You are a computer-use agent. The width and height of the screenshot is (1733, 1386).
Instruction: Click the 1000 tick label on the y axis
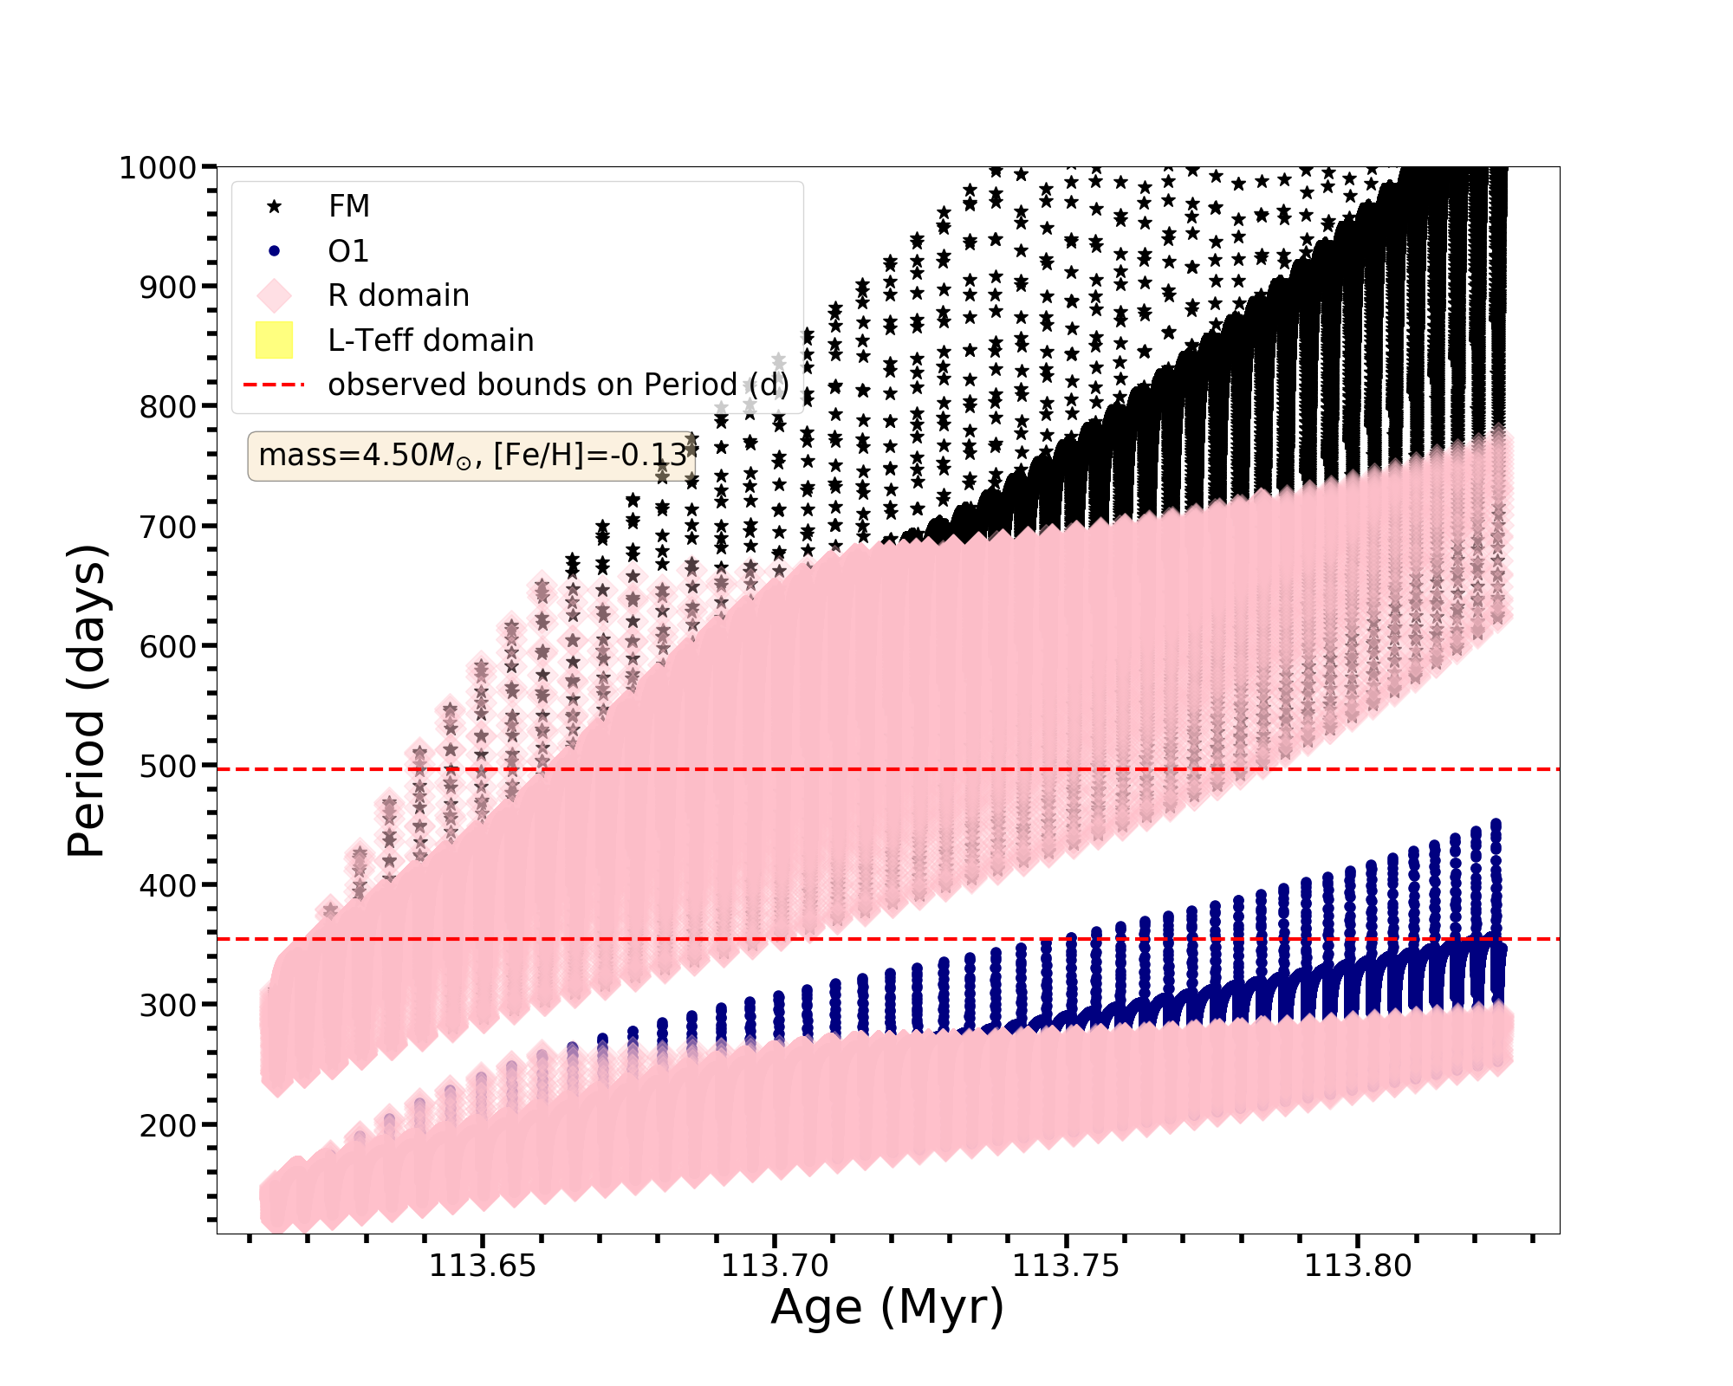point(157,167)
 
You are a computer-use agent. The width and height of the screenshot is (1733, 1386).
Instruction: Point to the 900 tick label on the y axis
point(167,287)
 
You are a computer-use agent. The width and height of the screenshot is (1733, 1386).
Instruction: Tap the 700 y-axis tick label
point(167,526)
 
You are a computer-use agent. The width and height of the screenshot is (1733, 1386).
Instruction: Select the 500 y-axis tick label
point(167,766)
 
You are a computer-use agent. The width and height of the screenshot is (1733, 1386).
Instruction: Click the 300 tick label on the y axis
point(167,1005)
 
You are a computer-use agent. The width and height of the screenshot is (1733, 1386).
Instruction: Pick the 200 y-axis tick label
point(167,1124)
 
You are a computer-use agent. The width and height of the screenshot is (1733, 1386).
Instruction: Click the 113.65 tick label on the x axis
point(483,1266)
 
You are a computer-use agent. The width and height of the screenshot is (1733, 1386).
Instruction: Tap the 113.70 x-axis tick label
point(775,1266)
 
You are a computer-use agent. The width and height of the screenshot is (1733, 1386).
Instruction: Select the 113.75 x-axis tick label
point(1067,1266)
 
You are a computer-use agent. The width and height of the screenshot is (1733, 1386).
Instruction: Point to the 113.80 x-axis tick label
point(1358,1266)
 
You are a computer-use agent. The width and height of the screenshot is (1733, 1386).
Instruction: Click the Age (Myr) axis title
point(887,1308)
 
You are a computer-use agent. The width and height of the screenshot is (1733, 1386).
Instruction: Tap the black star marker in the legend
point(275,206)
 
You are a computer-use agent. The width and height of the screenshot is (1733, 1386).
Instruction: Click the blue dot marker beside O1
point(275,251)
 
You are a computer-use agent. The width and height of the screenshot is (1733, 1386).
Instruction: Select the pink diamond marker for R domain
point(275,295)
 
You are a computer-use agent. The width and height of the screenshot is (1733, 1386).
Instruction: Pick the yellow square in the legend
point(275,340)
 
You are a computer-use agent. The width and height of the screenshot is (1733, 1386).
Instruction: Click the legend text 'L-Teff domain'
point(431,340)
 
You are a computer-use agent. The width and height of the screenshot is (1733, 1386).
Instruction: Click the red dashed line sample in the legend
point(275,385)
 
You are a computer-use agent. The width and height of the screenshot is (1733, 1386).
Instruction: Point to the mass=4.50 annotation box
point(471,456)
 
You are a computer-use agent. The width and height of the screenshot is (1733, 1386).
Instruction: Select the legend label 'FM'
point(349,206)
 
